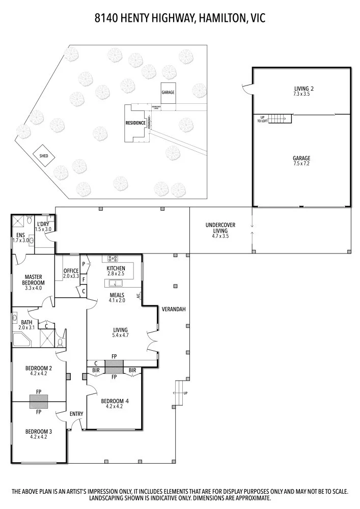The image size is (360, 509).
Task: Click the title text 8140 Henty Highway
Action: [x=180, y=19]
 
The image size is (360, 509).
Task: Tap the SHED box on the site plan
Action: [x=43, y=155]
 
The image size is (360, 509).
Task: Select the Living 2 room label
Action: [x=301, y=91]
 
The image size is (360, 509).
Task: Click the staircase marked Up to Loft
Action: [x=279, y=119]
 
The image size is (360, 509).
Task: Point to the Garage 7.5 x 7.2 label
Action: [x=301, y=161]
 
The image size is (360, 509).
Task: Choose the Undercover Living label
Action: [x=220, y=230]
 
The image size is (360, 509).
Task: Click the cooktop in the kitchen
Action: [x=112, y=258]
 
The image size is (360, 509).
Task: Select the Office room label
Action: [x=71, y=273]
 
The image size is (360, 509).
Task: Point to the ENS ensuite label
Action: [x=20, y=238]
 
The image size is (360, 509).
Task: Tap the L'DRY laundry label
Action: [x=43, y=227]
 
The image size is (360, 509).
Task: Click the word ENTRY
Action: [x=76, y=414]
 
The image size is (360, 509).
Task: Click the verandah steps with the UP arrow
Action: [x=179, y=393]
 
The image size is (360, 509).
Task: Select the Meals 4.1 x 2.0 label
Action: [x=117, y=298]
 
